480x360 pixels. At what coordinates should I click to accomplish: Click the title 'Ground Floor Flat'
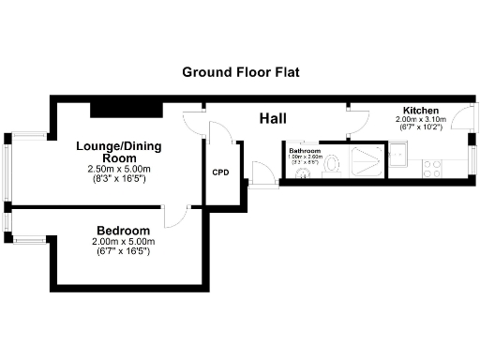(x=240, y=72)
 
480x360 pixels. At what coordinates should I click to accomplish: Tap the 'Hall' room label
(x=273, y=118)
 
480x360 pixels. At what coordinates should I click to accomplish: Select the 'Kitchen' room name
(x=421, y=111)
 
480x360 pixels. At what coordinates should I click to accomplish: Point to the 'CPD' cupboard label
(x=221, y=172)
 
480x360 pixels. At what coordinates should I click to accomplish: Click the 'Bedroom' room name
(x=123, y=232)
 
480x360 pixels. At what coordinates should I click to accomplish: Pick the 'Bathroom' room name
(x=306, y=151)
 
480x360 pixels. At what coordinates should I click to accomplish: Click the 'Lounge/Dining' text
(x=112, y=146)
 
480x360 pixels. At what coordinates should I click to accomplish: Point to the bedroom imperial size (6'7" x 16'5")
(x=123, y=251)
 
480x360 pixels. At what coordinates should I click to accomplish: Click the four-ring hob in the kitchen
(x=433, y=169)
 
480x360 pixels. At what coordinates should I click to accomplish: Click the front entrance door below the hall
(x=263, y=175)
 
